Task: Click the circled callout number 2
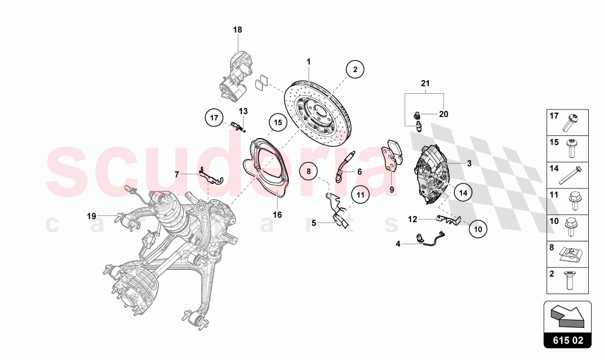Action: (355, 69)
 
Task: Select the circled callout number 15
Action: (277, 122)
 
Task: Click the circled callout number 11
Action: (360, 195)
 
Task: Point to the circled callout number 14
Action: (462, 193)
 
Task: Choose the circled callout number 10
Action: (478, 229)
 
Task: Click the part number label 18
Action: (238, 30)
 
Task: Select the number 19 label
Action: (91, 216)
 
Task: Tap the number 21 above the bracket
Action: (425, 83)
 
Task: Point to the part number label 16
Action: (277, 215)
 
